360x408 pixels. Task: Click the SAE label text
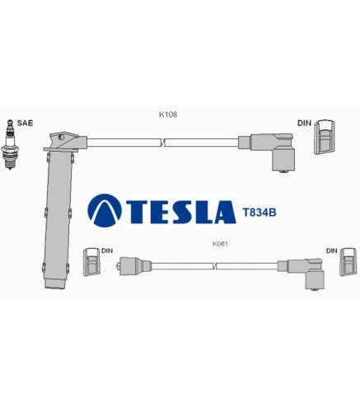click(25, 123)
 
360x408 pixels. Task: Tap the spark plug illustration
click(10, 144)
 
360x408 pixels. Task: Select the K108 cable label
click(168, 115)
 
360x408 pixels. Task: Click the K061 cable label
click(220, 244)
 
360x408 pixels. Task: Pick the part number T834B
click(259, 213)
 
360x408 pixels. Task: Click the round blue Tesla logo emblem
click(105, 210)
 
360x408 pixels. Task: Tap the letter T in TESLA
click(136, 212)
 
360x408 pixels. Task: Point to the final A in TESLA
click(225, 212)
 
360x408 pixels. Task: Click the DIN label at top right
click(304, 123)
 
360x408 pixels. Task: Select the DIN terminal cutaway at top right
click(325, 137)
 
